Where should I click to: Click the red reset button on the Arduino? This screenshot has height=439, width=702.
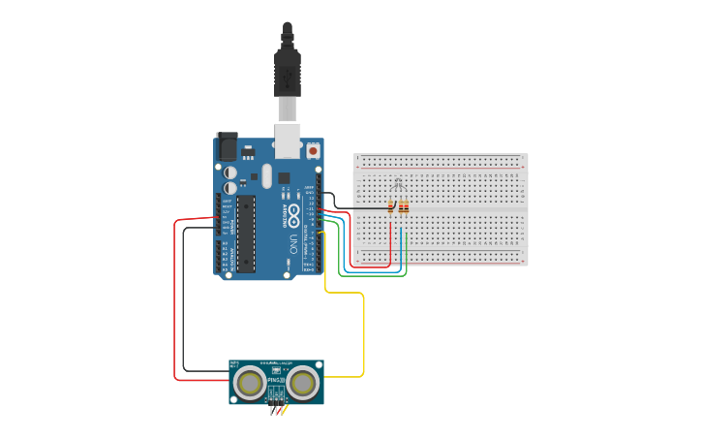click(313, 151)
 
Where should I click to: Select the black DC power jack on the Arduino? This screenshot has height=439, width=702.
click(227, 146)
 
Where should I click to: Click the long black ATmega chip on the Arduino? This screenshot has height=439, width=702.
click(246, 233)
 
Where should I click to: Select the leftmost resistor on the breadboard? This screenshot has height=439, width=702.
click(390, 207)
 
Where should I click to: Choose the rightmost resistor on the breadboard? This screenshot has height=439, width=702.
click(406, 207)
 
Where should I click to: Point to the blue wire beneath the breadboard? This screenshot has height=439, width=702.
click(373, 270)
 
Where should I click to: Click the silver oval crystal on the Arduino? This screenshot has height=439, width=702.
click(266, 175)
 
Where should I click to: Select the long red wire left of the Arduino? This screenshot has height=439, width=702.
click(175, 300)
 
